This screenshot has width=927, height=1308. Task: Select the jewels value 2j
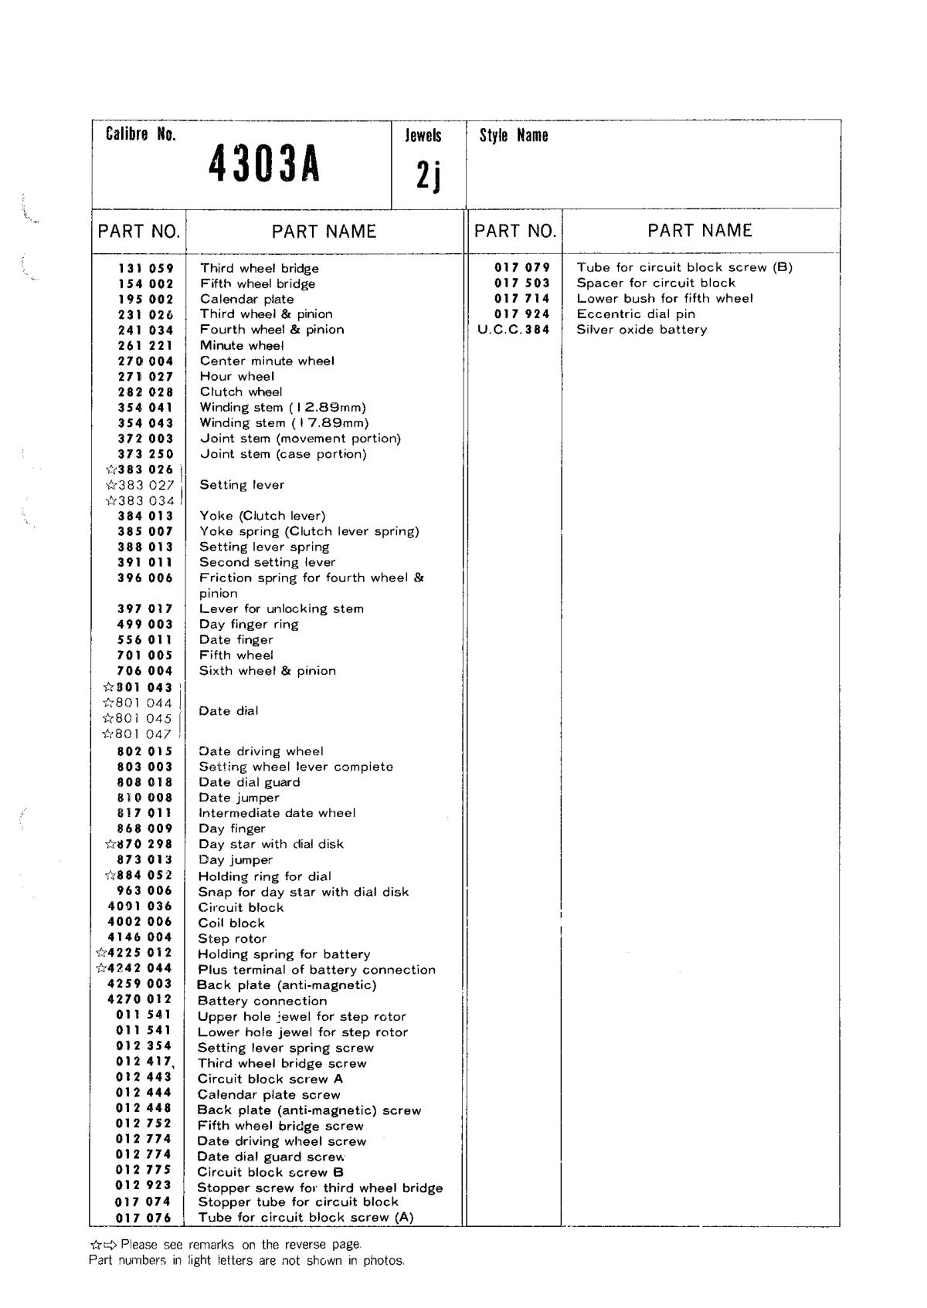coord(428,177)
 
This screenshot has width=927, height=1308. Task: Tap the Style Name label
coord(514,136)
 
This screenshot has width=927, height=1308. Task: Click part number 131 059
coord(146,269)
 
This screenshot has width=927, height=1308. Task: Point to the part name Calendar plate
coord(247,299)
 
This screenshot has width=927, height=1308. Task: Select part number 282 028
coord(146,392)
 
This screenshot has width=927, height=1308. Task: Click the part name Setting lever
coord(242,485)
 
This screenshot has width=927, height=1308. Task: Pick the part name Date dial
coord(229,711)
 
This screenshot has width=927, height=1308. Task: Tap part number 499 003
coord(145,624)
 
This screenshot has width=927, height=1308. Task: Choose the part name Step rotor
coord(233,939)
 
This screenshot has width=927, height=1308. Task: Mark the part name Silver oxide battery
coord(642,330)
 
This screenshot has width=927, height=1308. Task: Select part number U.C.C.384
coord(514,330)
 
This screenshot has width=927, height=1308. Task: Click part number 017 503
coord(522,283)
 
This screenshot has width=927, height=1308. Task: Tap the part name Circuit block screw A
coord(270,1079)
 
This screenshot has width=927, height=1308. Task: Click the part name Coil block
coord(232,923)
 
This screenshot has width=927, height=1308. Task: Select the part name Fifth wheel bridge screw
coord(280,1126)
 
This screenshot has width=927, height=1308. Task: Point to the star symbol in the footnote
coord(96,1245)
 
